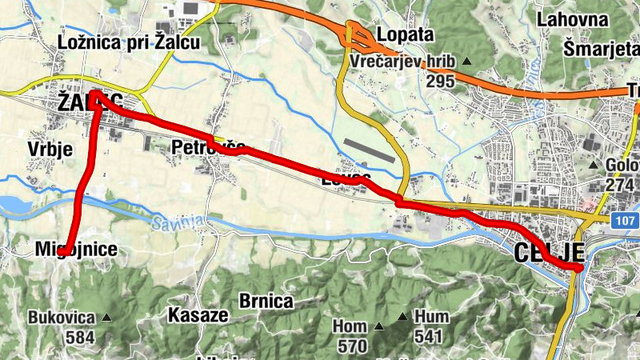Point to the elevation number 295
click(441, 81)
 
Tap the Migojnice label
click(76, 250)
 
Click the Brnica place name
click(266, 301)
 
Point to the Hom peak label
click(349, 327)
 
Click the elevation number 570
click(352, 346)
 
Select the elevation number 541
click(428, 336)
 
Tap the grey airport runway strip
click(369, 150)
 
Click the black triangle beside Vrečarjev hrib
click(467, 62)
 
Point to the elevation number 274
click(621, 185)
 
